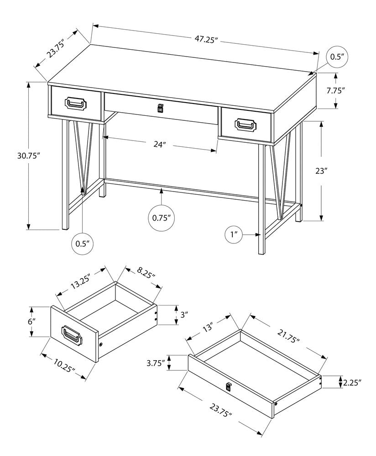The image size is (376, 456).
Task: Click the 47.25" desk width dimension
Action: [x=205, y=39]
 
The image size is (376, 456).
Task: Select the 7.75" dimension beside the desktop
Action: [x=335, y=90]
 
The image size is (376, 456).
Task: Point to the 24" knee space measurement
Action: [x=159, y=145]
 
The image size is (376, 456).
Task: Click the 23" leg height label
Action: [x=321, y=171]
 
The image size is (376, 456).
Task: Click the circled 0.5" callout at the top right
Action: [x=336, y=57]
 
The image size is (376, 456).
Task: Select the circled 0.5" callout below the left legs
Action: [x=83, y=244]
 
